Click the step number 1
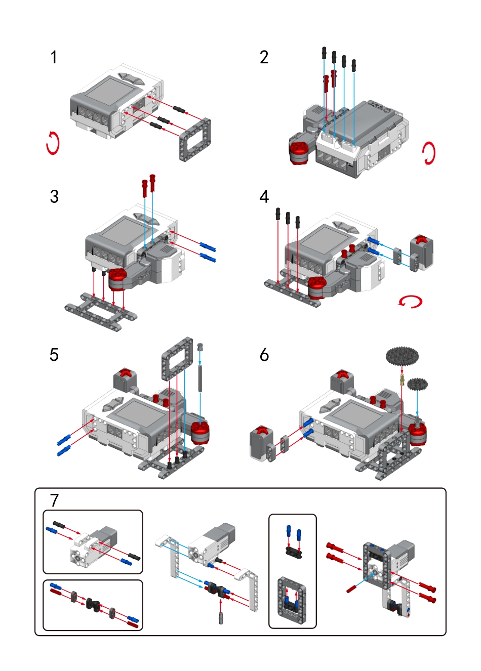point(54,58)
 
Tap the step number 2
point(264,58)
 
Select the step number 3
point(54,196)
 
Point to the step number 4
point(264,196)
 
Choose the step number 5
point(54,355)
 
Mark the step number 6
point(264,355)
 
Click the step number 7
point(54,500)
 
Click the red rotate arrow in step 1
point(53,143)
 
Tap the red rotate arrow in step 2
point(428,153)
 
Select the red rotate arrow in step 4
point(410,302)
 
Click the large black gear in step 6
point(402,356)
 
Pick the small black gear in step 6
point(417,384)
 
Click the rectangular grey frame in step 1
point(195,140)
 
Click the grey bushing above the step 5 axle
point(201,347)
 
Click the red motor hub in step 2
point(299,149)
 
